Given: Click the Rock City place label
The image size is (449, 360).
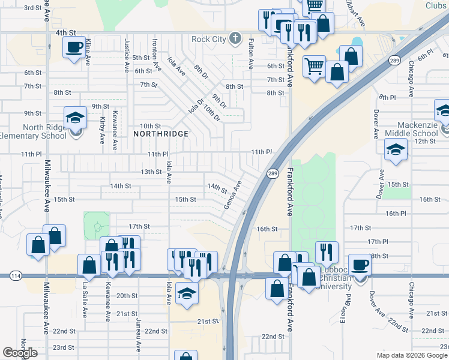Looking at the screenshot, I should pos(208,40).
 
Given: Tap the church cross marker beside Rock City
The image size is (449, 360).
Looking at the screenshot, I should pos(235,40).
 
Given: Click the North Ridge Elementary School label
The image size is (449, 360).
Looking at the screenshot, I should pos(37,131).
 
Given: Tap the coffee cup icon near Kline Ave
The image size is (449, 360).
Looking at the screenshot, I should pos(74,47).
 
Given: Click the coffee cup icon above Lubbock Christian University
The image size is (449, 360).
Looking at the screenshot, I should pos(360,264).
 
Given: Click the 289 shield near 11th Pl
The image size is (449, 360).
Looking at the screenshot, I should pos(272,173).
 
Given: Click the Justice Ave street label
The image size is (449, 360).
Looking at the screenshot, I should pos(127,53).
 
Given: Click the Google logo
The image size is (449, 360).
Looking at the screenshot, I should pos(20,353).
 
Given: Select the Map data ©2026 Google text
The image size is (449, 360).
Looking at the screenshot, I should pos(412,355).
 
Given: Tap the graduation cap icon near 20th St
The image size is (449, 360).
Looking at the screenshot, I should pos(186,294).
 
